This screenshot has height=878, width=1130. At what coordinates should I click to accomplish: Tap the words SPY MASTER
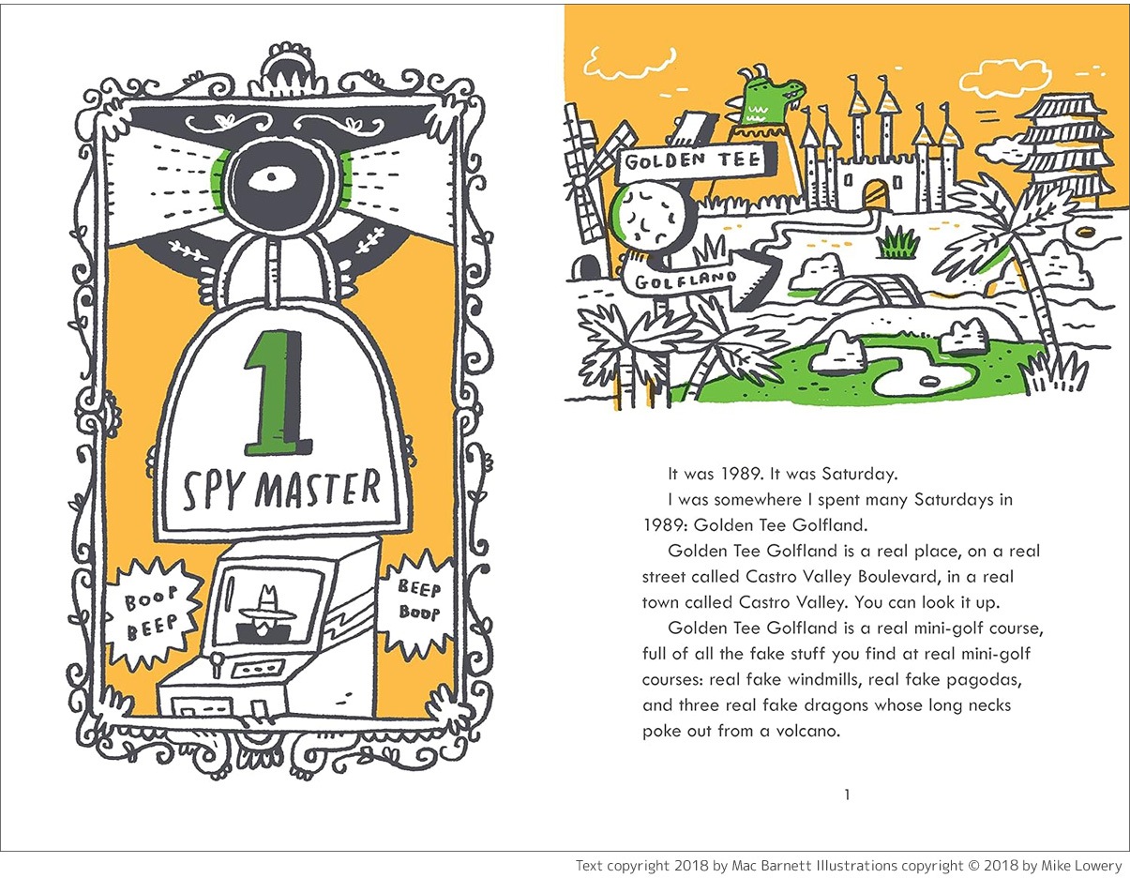(281, 489)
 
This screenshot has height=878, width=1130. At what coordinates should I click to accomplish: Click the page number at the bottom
(847, 795)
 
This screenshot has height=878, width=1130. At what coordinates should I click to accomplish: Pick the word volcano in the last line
(799, 730)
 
